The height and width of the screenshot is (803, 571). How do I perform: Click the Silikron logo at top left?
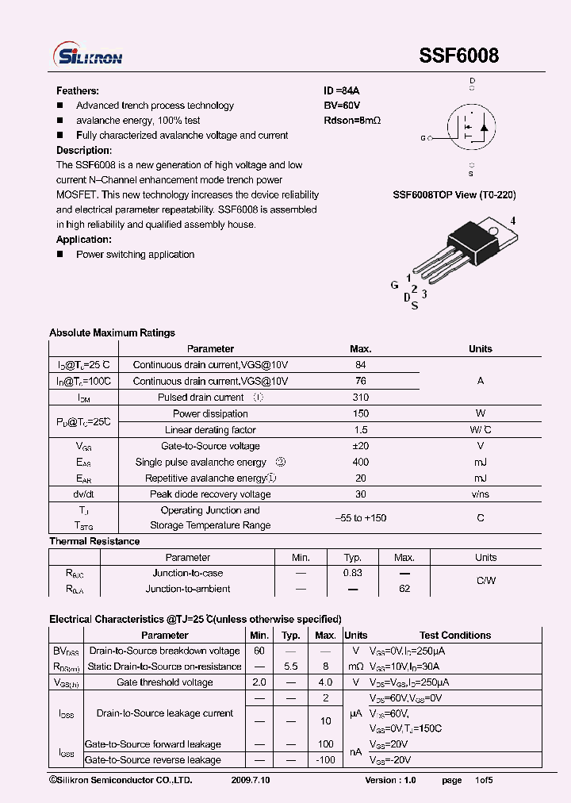[87, 56]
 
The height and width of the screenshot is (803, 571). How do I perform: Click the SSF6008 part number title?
[458, 56]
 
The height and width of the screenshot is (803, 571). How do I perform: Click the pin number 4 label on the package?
[513, 221]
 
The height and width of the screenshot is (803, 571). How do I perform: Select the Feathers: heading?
[78, 90]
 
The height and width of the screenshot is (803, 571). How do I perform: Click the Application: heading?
[84, 240]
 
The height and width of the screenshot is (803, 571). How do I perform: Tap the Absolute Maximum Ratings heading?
[112, 332]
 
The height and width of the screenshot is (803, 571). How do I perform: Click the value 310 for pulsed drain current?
[360, 398]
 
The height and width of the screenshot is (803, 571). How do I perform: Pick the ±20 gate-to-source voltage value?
[360, 446]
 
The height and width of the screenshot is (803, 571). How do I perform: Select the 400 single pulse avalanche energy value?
[360, 462]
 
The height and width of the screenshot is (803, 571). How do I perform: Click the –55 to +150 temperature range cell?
[360, 518]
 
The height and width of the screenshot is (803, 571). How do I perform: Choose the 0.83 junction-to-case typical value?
[353, 573]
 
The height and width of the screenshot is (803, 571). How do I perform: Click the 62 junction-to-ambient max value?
[404, 589]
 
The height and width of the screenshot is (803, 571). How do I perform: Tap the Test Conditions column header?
[455, 635]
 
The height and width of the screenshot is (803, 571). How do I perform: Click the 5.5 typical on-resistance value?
[291, 667]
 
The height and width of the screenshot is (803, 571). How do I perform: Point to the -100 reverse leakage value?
[325, 760]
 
